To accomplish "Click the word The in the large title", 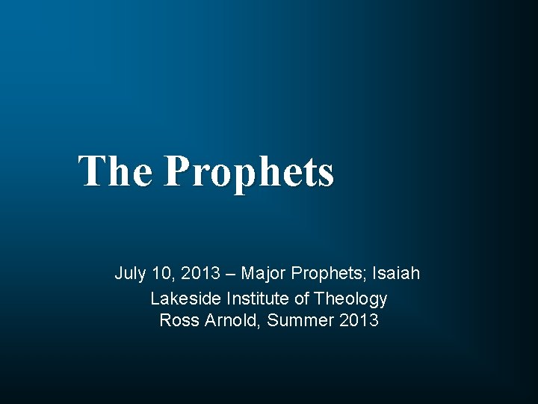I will tap(115, 171).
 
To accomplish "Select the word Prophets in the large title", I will tap(249, 172).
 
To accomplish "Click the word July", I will tap(130, 274).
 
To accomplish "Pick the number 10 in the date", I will tap(162, 274).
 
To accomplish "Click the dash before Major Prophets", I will tap(229, 274).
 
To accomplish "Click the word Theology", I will tap(350, 299).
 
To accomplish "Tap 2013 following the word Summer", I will tap(359, 321).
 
